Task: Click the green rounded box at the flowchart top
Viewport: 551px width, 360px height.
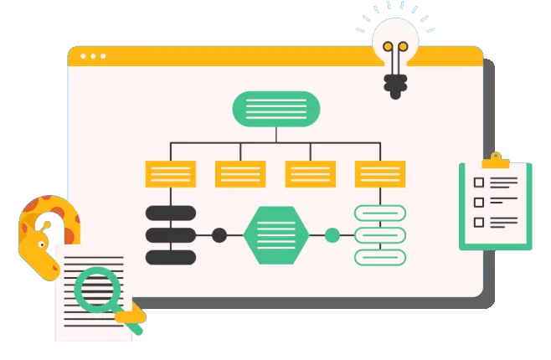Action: click(275, 109)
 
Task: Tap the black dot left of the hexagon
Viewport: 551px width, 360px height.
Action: click(219, 234)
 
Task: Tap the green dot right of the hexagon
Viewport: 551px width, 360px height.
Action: click(332, 234)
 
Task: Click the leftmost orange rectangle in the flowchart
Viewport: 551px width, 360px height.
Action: click(171, 174)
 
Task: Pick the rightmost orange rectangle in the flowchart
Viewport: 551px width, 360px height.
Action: click(380, 174)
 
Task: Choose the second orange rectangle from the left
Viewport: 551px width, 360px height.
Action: click(240, 174)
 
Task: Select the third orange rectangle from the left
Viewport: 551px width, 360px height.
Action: click(310, 174)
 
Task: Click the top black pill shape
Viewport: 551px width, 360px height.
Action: click(171, 213)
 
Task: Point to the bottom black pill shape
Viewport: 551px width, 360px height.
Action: click(171, 257)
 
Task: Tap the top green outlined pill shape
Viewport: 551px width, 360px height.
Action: click(380, 213)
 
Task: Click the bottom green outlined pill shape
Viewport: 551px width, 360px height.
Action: click(380, 257)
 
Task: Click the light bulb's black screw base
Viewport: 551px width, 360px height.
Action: click(394, 85)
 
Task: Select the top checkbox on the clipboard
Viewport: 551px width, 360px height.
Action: click(479, 183)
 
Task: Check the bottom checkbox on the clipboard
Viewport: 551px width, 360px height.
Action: click(479, 222)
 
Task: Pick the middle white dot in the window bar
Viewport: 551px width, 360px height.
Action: click(93, 56)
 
